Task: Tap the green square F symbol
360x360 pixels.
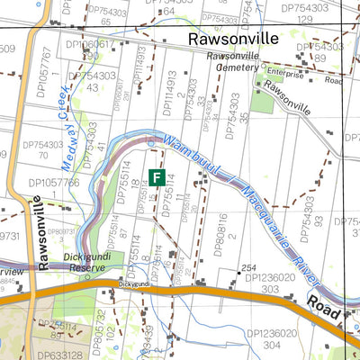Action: point(157,178)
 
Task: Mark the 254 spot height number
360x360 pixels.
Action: point(249,269)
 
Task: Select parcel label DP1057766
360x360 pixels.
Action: point(53,183)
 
